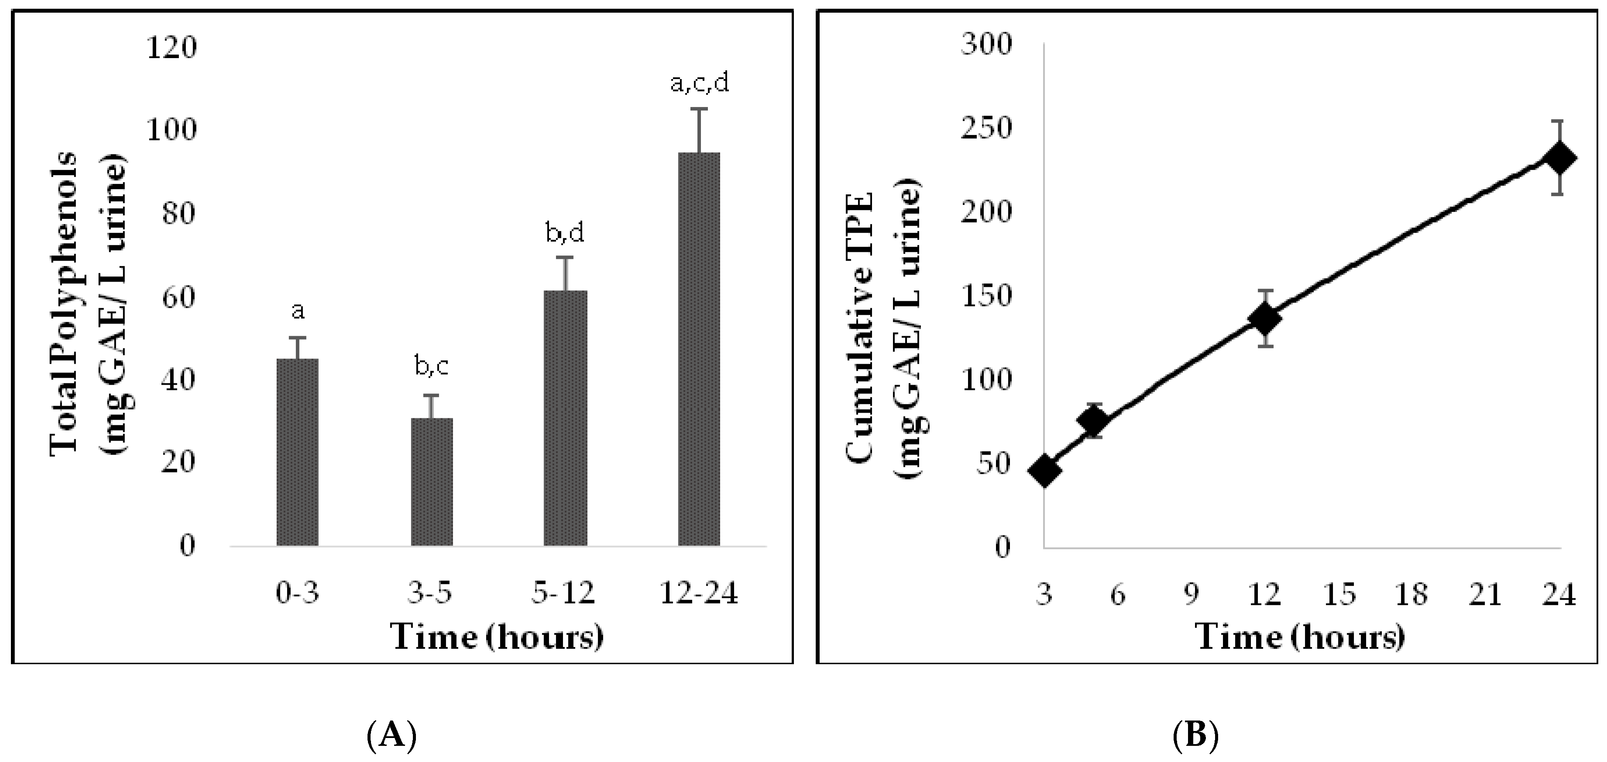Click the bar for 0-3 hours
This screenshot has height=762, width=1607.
(298, 452)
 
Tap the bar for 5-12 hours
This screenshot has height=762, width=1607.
(565, 418)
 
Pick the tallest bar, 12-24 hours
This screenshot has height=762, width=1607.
(699, 349)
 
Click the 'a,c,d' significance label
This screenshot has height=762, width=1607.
(699, 84)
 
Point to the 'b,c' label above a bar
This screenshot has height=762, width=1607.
(432, 368)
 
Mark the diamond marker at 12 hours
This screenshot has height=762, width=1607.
(1264, 318)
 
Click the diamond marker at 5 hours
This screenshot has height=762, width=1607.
(1093, 422)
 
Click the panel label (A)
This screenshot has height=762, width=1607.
(391, 736)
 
